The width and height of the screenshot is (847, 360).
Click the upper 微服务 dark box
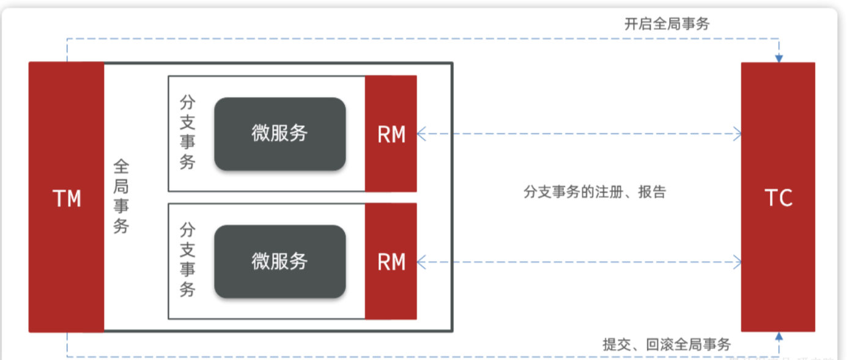click(x=279, y=133)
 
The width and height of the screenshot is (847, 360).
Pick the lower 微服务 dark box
click(x=279, y=261)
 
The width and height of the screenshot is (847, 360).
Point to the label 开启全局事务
click(x=667, y=24)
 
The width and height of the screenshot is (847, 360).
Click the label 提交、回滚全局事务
click(x=666, y=344)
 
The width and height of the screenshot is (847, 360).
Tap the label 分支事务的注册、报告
click(x=594, y=192)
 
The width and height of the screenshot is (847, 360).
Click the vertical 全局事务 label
click(x=121, y=196)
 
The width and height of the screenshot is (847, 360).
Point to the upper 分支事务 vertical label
click(x=188, y=132)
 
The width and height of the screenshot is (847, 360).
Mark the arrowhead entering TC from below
click(x=779, y=336)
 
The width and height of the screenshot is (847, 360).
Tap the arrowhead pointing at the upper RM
click(x=421, y=133)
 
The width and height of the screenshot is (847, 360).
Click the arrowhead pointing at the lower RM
click(x=421, y=262)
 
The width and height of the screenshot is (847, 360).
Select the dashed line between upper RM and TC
click(x=578, y=133)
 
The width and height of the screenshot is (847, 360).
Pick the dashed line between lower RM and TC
click(x=578, y=262)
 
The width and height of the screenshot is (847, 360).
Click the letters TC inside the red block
click(x=779, y=197)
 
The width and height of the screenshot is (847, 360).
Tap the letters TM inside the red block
click(x=67, y=198)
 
